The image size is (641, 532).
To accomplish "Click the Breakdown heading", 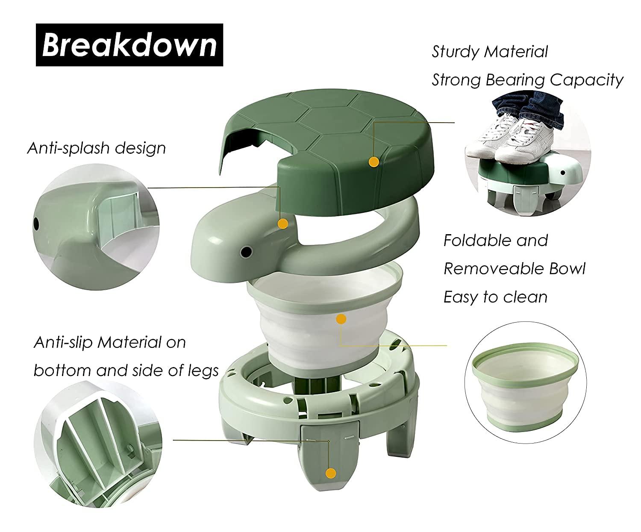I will click(129, 45).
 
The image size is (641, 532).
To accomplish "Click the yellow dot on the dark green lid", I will click(374, 162).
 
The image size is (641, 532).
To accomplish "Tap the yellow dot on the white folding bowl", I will click(341, 319).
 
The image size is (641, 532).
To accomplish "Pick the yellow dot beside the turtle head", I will click(282, 223).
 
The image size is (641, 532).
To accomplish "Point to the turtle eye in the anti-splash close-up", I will click(36, 223).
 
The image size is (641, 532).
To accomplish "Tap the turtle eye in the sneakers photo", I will click(563, 173).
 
